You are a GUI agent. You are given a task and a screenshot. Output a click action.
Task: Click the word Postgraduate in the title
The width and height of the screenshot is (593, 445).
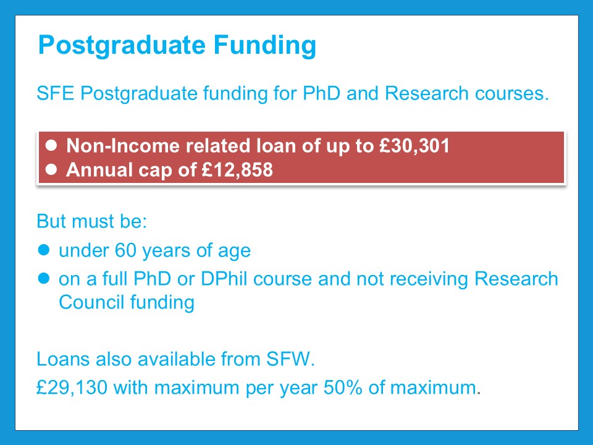[122, 46]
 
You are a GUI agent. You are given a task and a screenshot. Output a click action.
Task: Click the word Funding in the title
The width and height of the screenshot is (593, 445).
[265, 46]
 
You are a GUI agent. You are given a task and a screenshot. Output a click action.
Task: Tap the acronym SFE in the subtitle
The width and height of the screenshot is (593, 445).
[55, 93]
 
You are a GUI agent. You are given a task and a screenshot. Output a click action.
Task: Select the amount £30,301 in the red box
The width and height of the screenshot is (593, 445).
[414, 146]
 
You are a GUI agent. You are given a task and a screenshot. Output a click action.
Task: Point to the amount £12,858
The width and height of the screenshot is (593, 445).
[237, 169]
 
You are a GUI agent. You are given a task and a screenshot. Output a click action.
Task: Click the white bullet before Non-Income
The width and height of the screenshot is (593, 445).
[51, 145]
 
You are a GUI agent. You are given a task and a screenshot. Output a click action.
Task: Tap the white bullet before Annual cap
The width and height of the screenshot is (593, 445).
[51, 169]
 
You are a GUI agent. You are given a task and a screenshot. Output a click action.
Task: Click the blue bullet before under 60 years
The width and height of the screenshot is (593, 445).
[44, 250]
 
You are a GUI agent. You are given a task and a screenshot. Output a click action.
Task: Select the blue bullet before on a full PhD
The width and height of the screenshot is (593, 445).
[44, 279]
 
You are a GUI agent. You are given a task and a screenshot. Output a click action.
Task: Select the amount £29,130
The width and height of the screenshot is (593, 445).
[72, 388]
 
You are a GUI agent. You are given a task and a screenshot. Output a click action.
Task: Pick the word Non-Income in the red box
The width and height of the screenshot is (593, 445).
[123, 146]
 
